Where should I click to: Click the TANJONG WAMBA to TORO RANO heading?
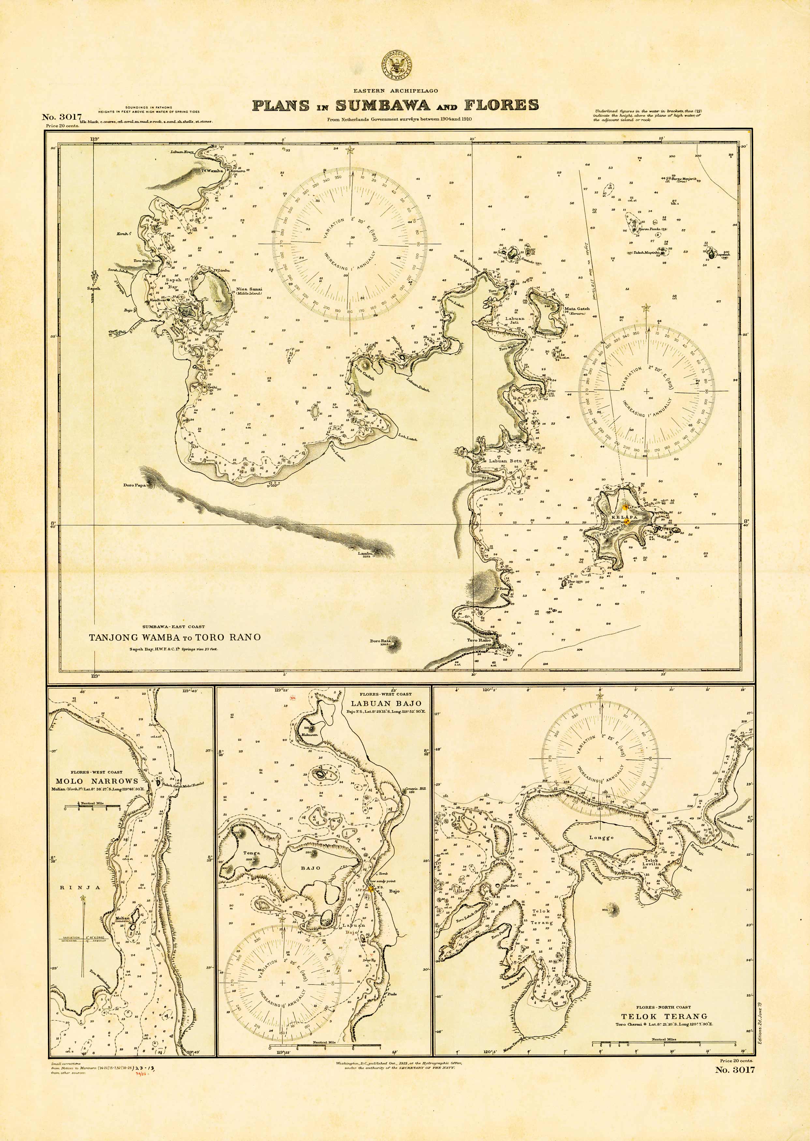pos(175,637)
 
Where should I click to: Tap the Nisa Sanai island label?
pos(249,289)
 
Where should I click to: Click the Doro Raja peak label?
pos(379,641)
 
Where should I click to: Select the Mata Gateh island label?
pos(577,309)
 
